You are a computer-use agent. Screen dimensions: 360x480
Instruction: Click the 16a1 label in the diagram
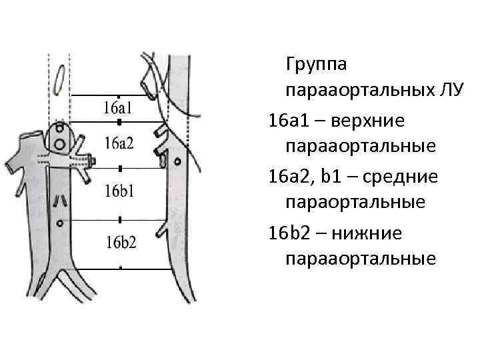(x=119, y=107)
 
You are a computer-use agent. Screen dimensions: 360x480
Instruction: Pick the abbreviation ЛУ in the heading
(x=446, y=91)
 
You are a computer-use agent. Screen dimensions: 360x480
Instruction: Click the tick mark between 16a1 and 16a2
(x=119, y=123)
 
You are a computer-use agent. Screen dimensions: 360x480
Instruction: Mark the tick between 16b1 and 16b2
(x=119, y=219)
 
